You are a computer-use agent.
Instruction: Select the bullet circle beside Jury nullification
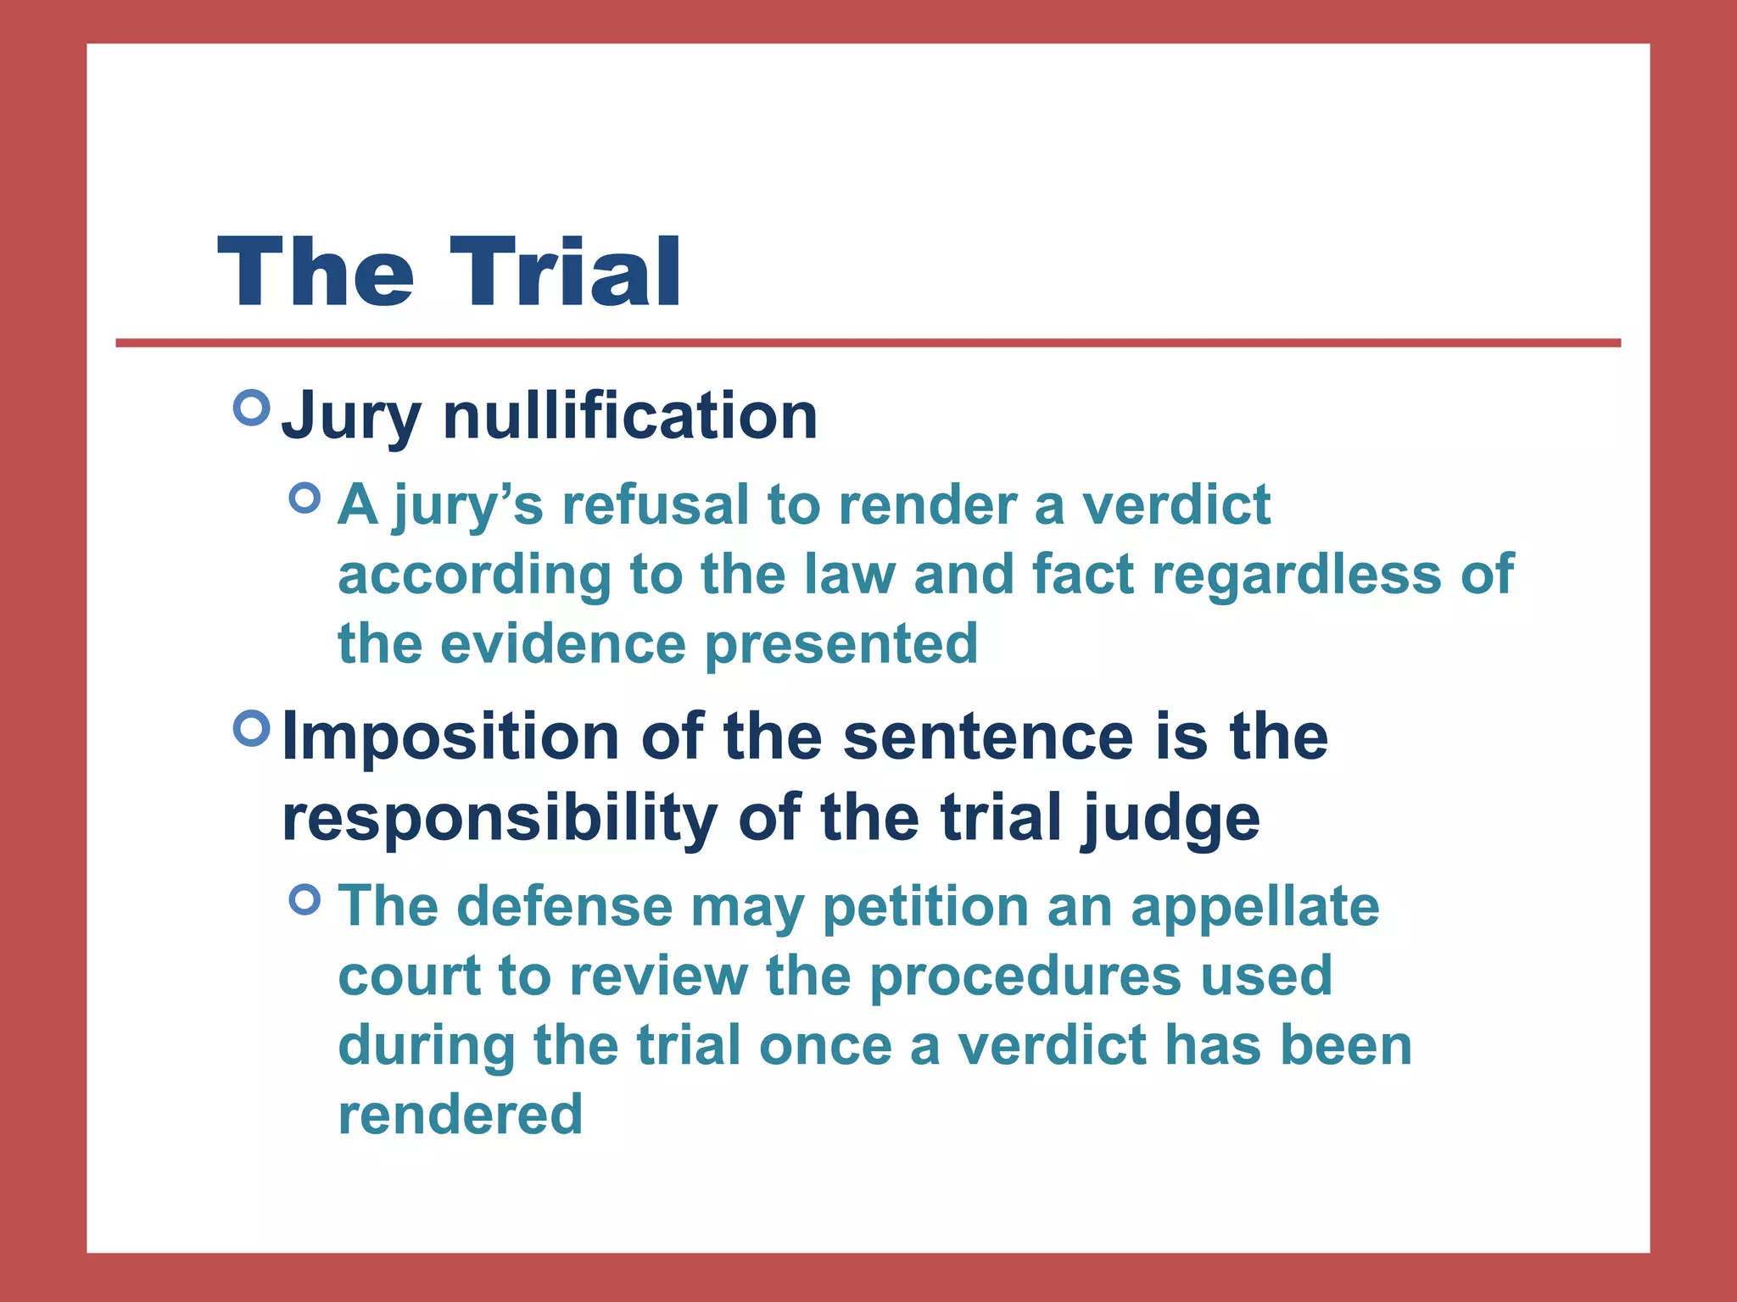pos(251,408)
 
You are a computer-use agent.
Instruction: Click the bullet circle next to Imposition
pos(251,727)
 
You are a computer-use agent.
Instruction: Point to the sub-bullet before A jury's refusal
pos(304,498)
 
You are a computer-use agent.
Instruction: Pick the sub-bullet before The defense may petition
pos(304,899)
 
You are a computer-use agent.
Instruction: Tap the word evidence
pos(563,643)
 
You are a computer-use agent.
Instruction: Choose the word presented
pos(841,645)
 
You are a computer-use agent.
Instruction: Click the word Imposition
pos(450,737)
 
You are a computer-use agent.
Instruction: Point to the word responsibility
pos(500,818)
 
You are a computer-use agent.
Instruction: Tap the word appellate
pos(1255,907)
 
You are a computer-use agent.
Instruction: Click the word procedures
pos(1025,976)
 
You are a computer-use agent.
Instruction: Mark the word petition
pos(925,907)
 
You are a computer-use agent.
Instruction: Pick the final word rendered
pos(461,1114)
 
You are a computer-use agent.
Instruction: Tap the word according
pos(474,576)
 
